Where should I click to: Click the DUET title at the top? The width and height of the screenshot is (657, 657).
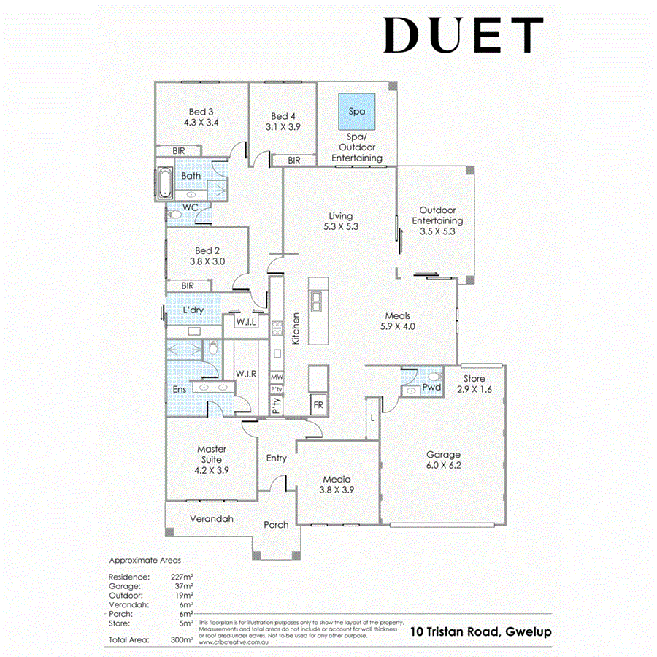(464, 35)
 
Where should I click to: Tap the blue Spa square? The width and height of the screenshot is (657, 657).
(356, 112)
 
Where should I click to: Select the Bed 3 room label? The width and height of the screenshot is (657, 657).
(201, 112)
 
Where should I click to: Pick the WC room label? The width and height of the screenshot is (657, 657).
(191, 207)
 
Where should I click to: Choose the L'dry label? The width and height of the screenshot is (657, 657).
(193, 310)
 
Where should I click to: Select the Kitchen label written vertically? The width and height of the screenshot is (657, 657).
(296, 328)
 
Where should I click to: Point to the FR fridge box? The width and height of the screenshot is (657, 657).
(318, 404)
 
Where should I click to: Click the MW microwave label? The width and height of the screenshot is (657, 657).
(276, 377)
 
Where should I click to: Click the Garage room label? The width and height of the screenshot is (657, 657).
(443, 454)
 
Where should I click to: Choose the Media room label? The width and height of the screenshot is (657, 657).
(338, 480)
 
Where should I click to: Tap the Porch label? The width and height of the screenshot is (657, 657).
(276, 524)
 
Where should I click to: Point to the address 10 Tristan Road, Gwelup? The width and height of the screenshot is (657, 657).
(480, 631)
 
